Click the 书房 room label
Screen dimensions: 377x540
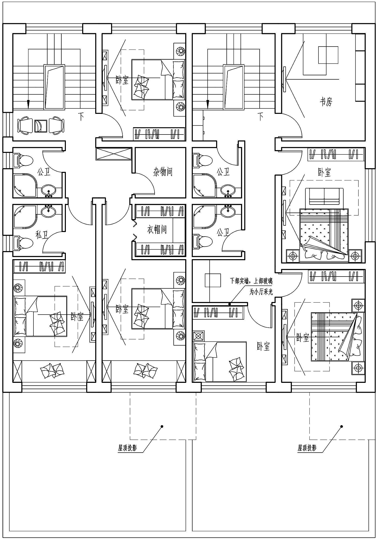(326, 102)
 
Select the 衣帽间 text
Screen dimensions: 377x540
(157, 229)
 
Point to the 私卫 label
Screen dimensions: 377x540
(42, 235)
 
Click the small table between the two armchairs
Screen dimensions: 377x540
(40, 126)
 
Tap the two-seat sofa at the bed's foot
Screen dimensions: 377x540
(324, 196)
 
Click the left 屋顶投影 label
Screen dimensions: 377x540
(127, 448)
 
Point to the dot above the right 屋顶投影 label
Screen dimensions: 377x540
(341, 426)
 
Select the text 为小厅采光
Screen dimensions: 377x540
(261, 292)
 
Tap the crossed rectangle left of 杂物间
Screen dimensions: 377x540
(114, 153)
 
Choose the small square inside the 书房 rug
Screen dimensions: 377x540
(328, 55)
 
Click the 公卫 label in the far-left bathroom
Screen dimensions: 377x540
(44, 172)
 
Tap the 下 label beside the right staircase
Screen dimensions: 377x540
(261, 116)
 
